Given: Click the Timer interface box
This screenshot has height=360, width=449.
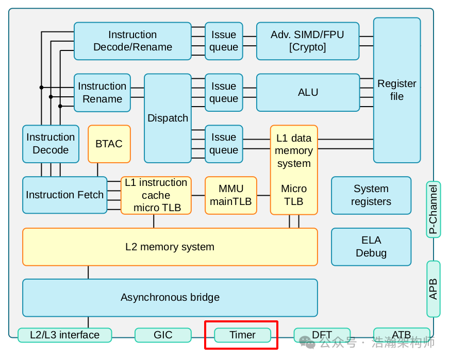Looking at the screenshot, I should (x=242, y=335).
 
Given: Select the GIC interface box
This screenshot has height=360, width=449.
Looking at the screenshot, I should (x=163, y=335).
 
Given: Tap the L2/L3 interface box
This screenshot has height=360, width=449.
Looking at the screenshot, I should (x=64, y=335).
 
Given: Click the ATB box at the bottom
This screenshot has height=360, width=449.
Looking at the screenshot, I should (x=401, y=335).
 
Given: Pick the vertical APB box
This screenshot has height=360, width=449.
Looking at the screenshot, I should (x=433, y=289).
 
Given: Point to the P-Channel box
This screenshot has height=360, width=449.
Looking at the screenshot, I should (x=433, y=209).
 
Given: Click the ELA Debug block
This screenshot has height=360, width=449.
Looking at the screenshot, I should (x=371, y=247).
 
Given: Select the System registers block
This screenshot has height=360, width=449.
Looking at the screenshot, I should (x=371, y=195).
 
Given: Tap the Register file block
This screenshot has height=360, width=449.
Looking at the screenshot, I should (x=396, y=90).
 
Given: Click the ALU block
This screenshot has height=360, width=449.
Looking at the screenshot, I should (x=308, y=92).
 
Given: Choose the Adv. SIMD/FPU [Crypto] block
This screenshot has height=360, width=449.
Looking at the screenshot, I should (x=308, y=41).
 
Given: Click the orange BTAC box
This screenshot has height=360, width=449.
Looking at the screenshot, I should (x=109, y=144).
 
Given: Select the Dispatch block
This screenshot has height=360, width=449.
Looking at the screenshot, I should (x=168, y=118).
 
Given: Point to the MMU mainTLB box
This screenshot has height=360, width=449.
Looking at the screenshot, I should (x=230, y=195).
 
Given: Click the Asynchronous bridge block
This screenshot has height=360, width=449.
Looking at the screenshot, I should (x=170, y=297).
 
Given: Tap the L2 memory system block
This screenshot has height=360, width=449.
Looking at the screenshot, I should (x=170, y=247).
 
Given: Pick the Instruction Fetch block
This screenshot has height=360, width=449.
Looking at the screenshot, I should (x=64, y=195).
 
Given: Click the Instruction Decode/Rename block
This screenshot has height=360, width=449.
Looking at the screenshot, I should (x=132, y=41).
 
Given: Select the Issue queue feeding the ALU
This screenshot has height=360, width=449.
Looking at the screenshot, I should (x=224, y=92).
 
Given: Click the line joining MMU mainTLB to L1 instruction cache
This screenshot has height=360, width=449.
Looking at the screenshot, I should (x=198, y=195).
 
